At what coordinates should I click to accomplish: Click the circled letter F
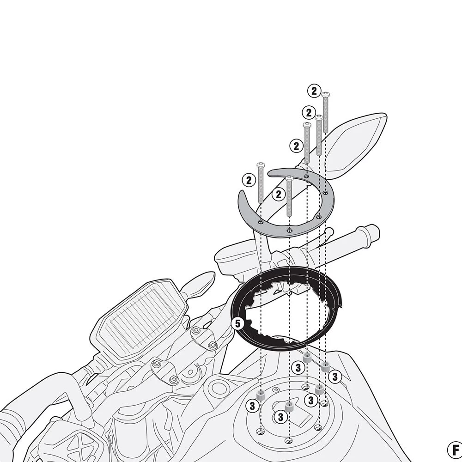pyautogui.click(x=454, y=449)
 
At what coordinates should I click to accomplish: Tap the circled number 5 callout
pyautogui.click(x=237, y=323)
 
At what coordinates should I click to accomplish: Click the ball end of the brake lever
pyautogui.click(x=329, y=231)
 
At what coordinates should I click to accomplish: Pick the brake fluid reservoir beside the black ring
pyautogui.click(x=231, y=258)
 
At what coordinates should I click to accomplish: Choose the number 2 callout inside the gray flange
pyautogui.click(x=278, y=195)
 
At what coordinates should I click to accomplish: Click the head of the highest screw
pyautogui.click(x=325, y=95)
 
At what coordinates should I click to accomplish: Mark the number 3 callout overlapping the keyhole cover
pyautogui.click(x=280, y=417)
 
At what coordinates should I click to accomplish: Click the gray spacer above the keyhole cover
pyautogui.click(x=289, y=406)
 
